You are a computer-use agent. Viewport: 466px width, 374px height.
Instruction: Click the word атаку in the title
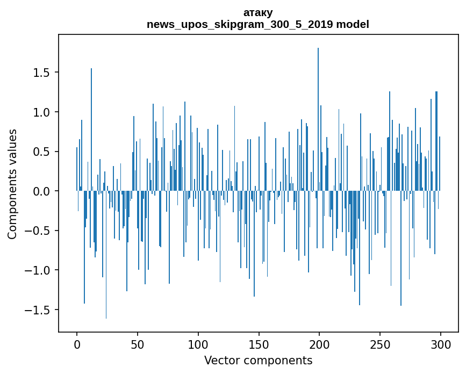pos(258,12)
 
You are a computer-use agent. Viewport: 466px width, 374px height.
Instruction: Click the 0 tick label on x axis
pos(77,344)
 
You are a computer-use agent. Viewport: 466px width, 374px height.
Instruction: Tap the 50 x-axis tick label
pos(138,344)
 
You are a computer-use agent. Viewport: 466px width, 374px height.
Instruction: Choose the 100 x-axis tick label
pos(198,344)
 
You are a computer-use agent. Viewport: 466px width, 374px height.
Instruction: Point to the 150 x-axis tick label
pos(259,344)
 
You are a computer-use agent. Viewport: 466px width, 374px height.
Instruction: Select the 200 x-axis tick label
pos(319,344)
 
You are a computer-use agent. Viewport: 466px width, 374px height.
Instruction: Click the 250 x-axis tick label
pos(380,344)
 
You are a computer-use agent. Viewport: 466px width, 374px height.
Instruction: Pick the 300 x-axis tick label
pos(441,344)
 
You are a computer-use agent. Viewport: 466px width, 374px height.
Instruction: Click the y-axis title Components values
pos(12,184)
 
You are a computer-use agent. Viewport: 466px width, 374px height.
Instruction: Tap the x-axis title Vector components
pos(258,360)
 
